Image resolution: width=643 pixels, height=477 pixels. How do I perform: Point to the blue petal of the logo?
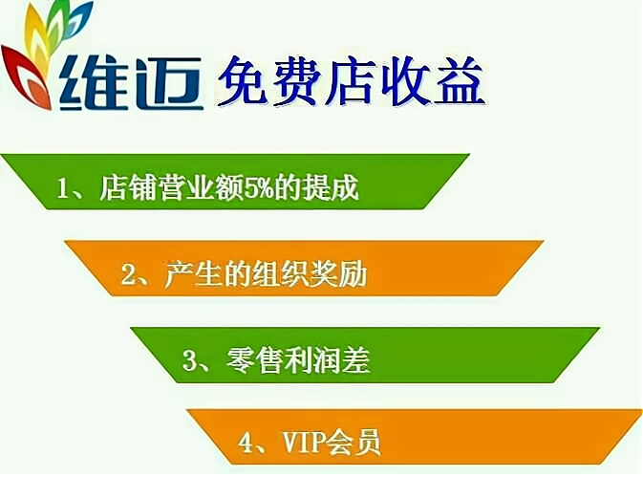click(78, 20)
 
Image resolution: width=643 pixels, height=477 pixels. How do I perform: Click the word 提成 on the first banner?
click(331, 188)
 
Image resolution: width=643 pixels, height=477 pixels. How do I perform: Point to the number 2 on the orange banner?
click(128, 274)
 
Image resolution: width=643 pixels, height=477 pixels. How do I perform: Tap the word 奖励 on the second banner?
click(339, 273)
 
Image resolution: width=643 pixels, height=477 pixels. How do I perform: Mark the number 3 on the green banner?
click(189, 361)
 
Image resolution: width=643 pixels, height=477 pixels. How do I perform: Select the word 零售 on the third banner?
click(254, 360)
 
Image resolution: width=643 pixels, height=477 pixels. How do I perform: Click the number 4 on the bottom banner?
click(246, 443)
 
